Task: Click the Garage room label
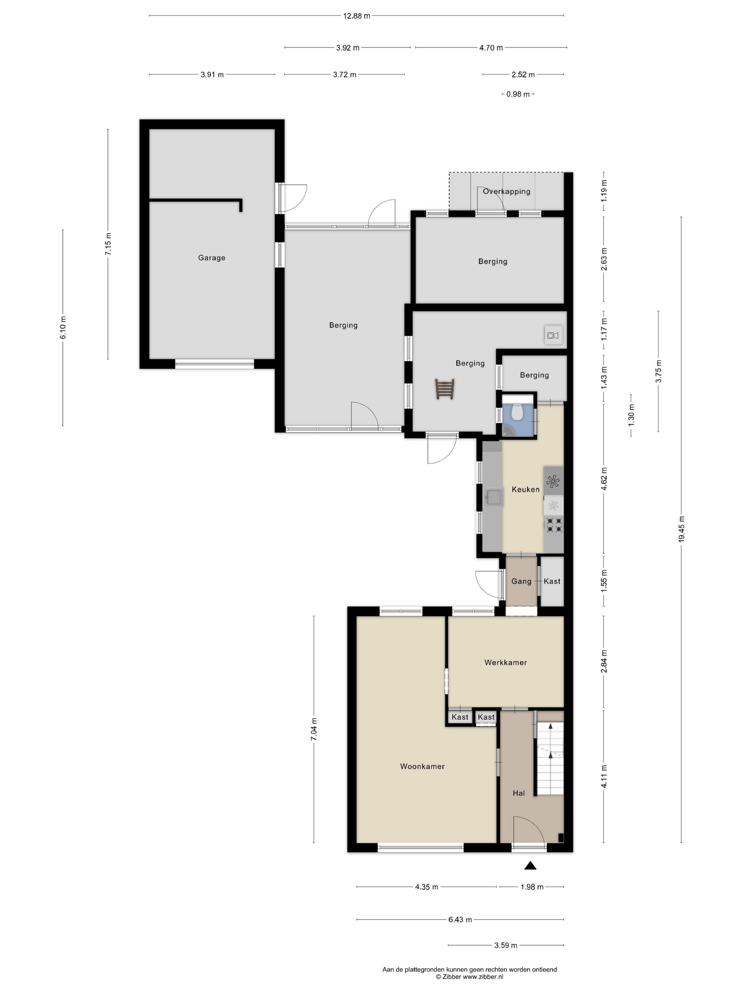[212, 258]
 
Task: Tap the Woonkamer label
[422, 766]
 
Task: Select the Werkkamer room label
[506, 663]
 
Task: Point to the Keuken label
[526, 489]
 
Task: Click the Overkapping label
[506, 192]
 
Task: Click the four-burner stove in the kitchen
[553, 525]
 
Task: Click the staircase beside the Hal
[550, 759]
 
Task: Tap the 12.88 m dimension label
[356, 16]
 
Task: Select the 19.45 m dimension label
[681, 529]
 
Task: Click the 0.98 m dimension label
[518, 94]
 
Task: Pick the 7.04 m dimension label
[314, 729]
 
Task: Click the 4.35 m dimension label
[427, 887]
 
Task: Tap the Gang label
[521, 581]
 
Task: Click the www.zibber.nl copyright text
[483, 976]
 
